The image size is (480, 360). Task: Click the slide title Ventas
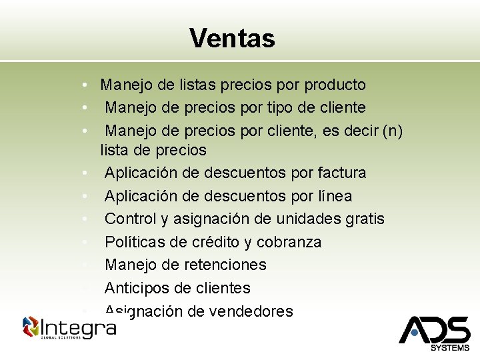tap(232, 38)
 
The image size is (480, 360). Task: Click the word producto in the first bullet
tap(335, 85)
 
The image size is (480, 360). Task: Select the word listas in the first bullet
tap(199, 85)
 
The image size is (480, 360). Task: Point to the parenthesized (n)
tap(390, 131)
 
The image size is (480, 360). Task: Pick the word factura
tap(343, 173)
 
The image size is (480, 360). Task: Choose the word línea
tap(329, 196)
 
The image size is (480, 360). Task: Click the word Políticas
tap(135, 242)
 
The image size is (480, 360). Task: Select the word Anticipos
tap(136, 288)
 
